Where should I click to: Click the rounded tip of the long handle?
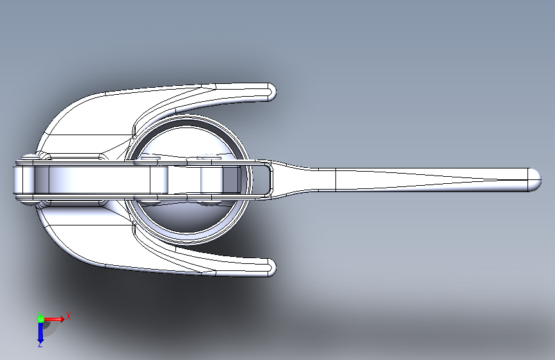pos(535,179)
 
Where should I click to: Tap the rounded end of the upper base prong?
pos(271,92)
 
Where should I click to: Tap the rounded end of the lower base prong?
pos(271,267)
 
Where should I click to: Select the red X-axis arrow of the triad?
pos(54,319)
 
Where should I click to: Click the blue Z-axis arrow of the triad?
pos(40,332)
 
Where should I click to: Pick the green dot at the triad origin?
pos(41,319)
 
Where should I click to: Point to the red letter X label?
pos(68,316)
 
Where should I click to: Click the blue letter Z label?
pos(40,345)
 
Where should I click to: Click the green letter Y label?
pos(40,314)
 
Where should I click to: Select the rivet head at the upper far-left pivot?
pos(28,158)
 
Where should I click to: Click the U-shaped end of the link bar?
pos(267,179)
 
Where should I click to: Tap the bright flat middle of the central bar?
pos(99,179)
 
